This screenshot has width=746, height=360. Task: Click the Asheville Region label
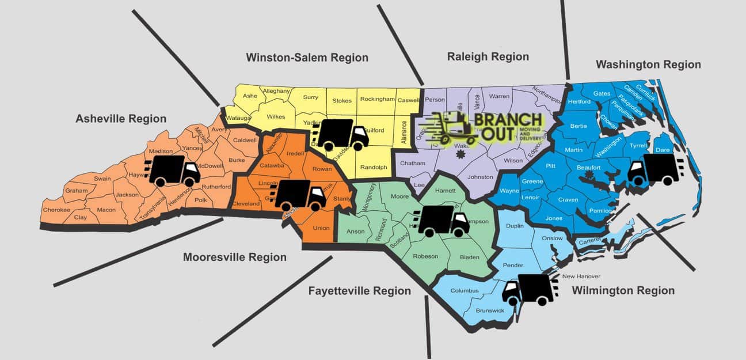(x=121, y=119)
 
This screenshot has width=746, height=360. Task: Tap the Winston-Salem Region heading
(x=307, y=58)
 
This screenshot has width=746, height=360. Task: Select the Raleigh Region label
(x=488, y=56)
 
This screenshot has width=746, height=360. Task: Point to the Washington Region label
(x=648, y=65)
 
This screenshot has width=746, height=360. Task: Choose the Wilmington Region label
(x=623, y=291)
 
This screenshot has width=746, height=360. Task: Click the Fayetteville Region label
(x=360, y=291)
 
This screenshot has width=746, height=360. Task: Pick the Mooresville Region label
(x=235, y=257)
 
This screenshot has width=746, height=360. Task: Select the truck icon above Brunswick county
(x=528, y=289)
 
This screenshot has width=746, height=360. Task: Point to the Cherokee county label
(x=56, y=210)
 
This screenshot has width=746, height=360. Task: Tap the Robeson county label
(x=425, y=256)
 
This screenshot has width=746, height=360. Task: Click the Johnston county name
(x=481, y=177)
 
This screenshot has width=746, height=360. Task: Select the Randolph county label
(x=374, y=167)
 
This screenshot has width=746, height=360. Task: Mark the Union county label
(x=321, y=228)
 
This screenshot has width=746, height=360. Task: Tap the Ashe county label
(x=250, y=96)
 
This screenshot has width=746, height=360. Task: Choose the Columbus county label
(x=465, y=290)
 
